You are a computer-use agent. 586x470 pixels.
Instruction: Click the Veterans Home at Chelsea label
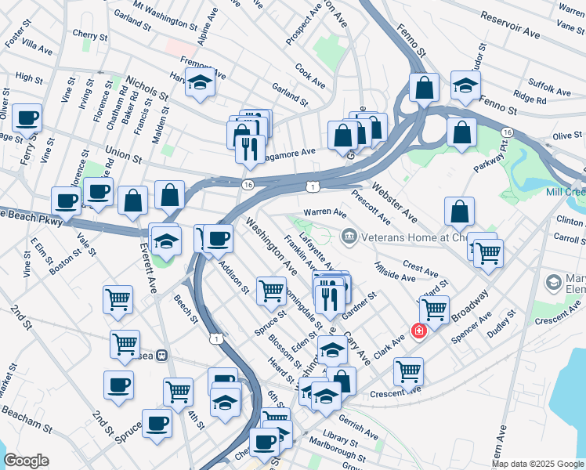[x=408, y=234]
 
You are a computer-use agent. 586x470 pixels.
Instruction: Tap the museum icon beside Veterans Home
[x=349, y=234]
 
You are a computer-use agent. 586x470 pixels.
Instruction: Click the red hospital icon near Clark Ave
[x=419, y=331]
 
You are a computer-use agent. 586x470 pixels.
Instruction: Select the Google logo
[x=26, y=461]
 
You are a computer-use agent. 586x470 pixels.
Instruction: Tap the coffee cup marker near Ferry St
[x=27, y=118]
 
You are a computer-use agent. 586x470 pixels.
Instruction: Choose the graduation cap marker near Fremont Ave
[x=201, y=82]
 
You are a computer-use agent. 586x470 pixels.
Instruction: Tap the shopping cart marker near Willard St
[x=434, y=309]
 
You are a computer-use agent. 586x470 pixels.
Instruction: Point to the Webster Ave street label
[x=395, y=199]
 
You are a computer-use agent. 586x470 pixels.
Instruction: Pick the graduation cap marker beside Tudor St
[x=466, y=85]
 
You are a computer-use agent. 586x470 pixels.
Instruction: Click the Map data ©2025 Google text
[x=537, y=464]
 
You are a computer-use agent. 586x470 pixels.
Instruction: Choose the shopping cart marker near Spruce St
[x=271, y=291]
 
